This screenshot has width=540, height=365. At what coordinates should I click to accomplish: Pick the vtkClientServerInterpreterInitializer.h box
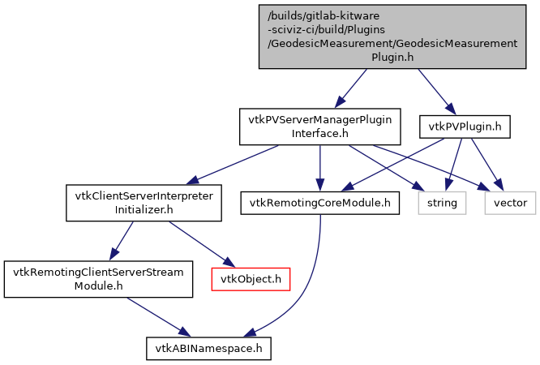[144, 203]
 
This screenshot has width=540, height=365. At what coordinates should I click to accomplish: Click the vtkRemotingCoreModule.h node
[320, 202]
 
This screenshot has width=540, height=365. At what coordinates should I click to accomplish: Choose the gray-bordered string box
[443, 202]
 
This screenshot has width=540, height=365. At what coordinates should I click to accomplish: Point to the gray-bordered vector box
[510, 202]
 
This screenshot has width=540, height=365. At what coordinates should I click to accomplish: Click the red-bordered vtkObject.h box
[251, 279]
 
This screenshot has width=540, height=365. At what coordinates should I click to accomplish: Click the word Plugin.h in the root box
[393, 58]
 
